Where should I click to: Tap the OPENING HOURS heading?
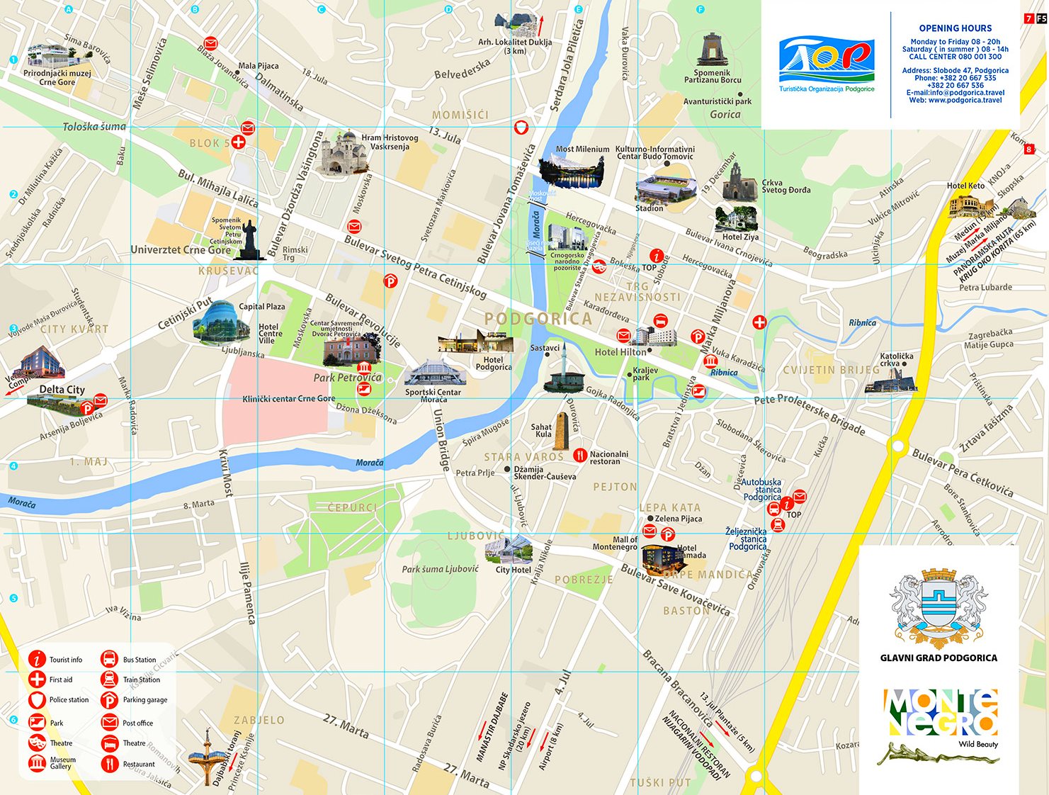click(x=955, y=28)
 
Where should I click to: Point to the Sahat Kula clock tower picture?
click(x=561, y=430)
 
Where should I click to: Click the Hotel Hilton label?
click(x=620, y=352)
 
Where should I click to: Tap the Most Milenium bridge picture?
click(x=572, y=171)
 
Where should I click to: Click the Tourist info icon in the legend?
click(x=37, y=659)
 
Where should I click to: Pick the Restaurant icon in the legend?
click(x=109, y=764)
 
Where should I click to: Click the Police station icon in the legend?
click(x=37, y=700)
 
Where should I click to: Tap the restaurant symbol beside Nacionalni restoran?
click(x=580, y=456)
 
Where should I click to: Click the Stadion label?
click(x=649, y=208)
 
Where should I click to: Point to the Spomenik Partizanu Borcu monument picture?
click(x=712, y=50)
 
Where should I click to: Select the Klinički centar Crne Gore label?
click(x=289, y=399)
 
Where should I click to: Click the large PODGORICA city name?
click(x=538, y=319)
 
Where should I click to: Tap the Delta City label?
click(x=62, y=389)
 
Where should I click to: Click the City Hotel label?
click(x=513, y=570)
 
